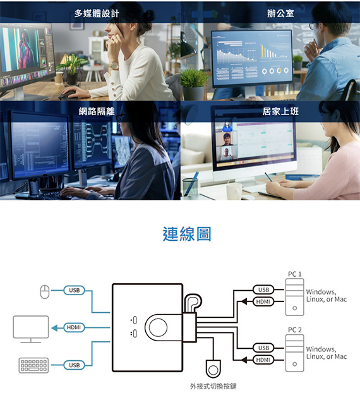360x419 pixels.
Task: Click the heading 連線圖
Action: [x=187, y=234]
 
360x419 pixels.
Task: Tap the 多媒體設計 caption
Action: [x=97, y=13]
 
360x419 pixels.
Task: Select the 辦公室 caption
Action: [x=280, y=13]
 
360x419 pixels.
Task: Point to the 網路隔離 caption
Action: [x=97, y=111]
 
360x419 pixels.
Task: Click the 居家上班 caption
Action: [x=280, y=111]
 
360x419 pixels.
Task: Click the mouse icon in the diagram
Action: [x=45, y=291]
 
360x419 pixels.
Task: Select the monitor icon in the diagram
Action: [x=31, y=329]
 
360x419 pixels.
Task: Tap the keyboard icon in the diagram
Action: [x=33, y=365]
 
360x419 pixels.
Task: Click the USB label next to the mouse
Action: [x=75, y=290]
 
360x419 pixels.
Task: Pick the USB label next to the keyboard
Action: [x=75, y=365]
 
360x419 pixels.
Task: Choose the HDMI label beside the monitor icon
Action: [x=74, y=327]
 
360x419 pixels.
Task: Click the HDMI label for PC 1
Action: [x=263, y=301]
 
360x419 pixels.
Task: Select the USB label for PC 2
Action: [x=263, y=348]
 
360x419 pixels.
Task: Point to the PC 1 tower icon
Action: [x=294, y=297]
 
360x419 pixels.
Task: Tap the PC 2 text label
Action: [x=294, y=330]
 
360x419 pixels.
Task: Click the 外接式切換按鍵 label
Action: [x=213, y=386]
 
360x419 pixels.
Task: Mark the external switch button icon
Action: [x=213, y=369]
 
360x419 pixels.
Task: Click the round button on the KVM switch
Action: [x=158, y=327]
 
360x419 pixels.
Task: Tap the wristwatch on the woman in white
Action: [x=114, y=66]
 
